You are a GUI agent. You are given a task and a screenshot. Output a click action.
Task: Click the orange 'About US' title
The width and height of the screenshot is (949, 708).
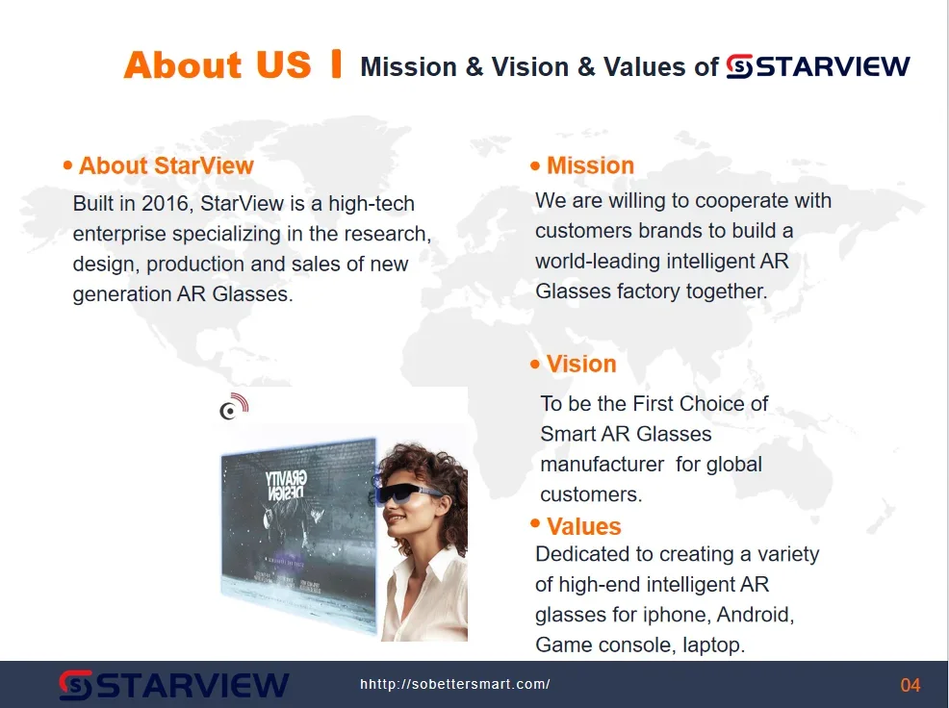(x=218, y=64)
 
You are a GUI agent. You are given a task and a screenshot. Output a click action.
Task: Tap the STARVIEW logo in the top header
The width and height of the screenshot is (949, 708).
(x=818, y=66)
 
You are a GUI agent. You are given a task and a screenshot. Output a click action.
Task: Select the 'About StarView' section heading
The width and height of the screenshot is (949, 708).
(x=166, y=165)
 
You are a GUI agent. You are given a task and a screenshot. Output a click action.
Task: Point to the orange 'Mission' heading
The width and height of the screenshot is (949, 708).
(x=590, y=165)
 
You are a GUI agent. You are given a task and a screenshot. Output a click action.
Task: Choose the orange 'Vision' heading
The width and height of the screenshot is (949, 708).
(x=581, y=364)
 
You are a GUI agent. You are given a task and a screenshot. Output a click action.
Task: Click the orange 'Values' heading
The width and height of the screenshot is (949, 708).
(x=583, y=526)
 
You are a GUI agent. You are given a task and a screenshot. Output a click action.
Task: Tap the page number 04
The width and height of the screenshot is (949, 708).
(x=911, y=685)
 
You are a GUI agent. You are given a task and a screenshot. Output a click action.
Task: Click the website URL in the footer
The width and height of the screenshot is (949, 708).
(x=455, y=684)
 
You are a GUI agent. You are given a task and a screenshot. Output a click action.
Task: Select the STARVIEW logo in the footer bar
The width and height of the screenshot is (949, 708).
(x=173, y=685)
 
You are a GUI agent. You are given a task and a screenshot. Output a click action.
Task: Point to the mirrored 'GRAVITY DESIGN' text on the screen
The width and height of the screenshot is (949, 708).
(x=286, y=485)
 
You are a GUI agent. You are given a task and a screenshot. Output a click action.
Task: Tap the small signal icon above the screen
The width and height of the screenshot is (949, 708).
(x=234, y=406)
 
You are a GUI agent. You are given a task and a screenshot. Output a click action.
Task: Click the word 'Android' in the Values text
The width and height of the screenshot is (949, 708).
(x=756, y=615)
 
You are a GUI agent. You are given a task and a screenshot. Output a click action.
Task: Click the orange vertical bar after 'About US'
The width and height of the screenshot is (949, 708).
(x=336, y=63)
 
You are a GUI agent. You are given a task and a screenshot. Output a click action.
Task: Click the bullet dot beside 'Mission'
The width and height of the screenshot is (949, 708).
(x=535, y=165)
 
